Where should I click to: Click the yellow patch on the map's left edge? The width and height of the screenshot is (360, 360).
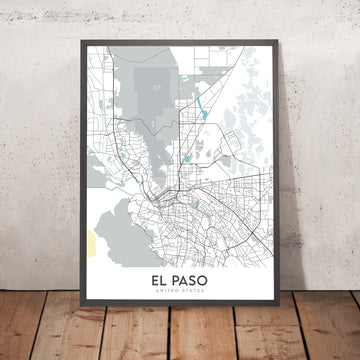(93, 240)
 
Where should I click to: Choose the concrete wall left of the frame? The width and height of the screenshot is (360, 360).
(35, 150)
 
